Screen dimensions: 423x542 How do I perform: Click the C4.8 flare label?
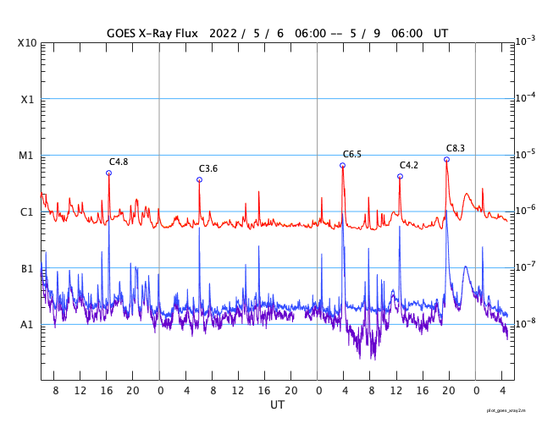point(119,162)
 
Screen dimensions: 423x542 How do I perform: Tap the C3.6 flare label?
point(208,168)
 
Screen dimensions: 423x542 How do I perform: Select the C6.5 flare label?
point(352,154)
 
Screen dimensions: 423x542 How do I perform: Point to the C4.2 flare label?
point(409,165)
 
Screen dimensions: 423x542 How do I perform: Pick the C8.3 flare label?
point(456,148)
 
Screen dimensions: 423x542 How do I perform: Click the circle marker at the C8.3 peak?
point(446,159)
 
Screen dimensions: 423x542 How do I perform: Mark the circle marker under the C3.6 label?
point(199,179)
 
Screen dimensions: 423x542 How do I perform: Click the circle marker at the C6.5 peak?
point(342,165)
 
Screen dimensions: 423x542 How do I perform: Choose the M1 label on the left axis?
point(27,156)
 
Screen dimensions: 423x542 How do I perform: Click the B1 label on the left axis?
point(27,269)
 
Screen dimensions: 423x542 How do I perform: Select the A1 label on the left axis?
point(27,325)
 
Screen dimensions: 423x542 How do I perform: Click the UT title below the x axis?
point(277,405)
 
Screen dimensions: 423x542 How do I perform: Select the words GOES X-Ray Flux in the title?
point(152,33)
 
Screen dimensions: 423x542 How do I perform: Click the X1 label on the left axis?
point(27,99)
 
